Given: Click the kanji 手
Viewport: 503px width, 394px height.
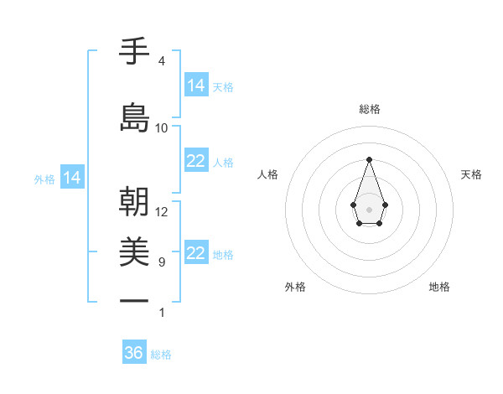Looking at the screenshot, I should pyautogui.click(x=134, y=52).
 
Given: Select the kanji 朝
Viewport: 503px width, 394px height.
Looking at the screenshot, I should pyautogui.click(x=134, y=201).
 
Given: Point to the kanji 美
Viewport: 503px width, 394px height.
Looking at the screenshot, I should pyautogui.click(x=134, y=251).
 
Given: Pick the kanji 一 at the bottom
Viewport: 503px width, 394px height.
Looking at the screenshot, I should pyautogui.click(x=134, y=300).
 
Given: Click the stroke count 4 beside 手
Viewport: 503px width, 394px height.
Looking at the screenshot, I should pyautogui.click(x=161, y=61).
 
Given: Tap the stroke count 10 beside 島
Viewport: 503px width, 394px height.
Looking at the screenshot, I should pyautogui.click(x=162, y=127).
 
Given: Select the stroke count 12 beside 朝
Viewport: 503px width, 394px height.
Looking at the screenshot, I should pyautogui.click(x=162, y=212).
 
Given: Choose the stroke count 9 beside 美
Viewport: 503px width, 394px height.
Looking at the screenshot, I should pyautogui.click(x=161, y=262).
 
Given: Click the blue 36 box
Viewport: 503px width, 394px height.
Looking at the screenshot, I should pyautogui.click(x=134, y=353).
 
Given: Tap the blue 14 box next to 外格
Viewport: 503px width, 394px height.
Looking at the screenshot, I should pyautogui.click(x=72, y=178).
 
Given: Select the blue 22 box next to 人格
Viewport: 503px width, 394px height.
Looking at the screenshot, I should pyautogui.click(x=196, y=162).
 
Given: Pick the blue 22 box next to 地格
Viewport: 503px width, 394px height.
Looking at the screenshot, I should pyautogui.click(x=196, y=254).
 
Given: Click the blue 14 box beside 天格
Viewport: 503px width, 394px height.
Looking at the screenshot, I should pyautogui.click(x=196, y=85).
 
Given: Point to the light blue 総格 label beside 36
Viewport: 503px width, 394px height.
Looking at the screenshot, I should pyautogui.click(x=162, y=355).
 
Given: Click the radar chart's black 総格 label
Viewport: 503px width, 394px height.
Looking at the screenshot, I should pyautogui.click(x=369, y=109).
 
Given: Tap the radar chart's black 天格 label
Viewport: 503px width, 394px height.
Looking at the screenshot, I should pyautogui.click(x=471, y=174).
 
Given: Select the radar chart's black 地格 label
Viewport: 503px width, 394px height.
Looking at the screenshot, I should pyautogui.click(x=439, y=287).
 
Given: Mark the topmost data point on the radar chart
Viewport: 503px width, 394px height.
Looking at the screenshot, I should pyautogui.click(x=369, y=158).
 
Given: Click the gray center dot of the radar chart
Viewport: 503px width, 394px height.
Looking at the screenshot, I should pyautogui.click(x=369, y=209).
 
